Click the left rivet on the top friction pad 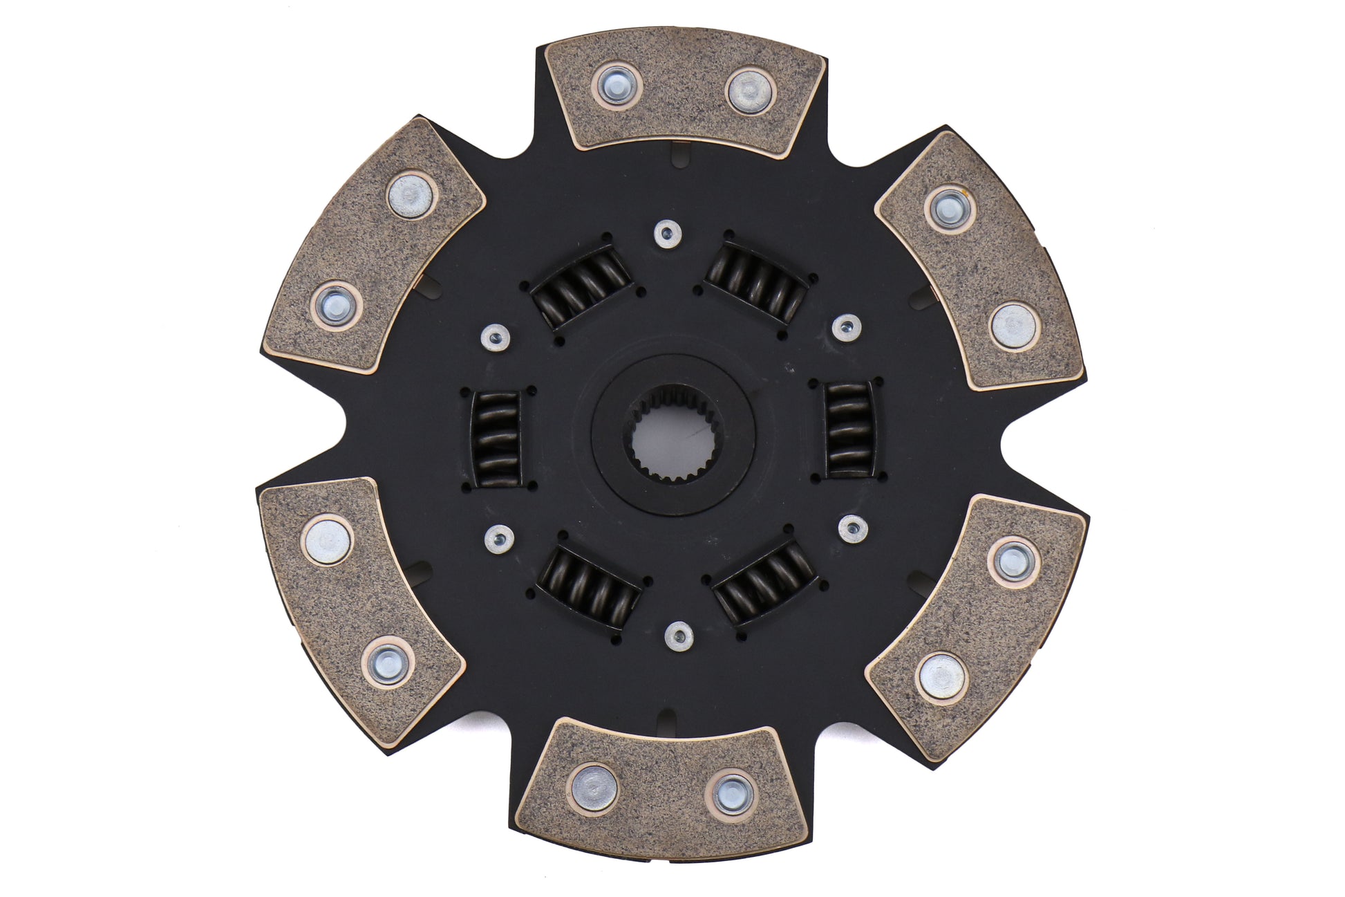(617, 86)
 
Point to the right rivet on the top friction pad (750, 90)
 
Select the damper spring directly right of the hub (849, 430)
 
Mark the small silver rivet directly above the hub (667, 234)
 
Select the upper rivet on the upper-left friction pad (412, 196)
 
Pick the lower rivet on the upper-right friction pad (1013, 327)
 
